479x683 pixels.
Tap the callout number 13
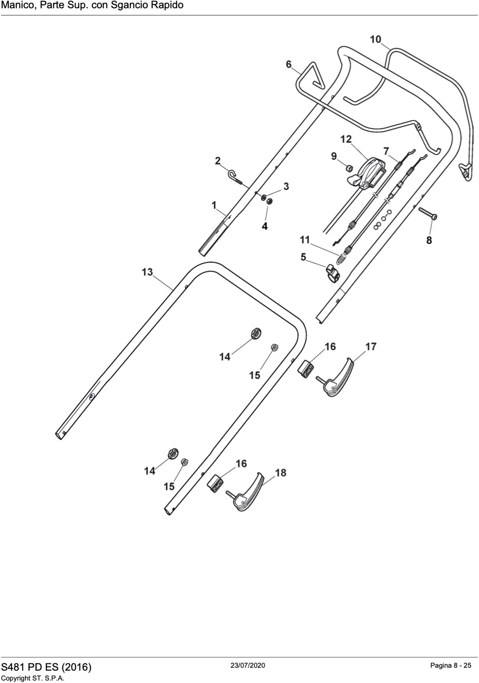[147, 272]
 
